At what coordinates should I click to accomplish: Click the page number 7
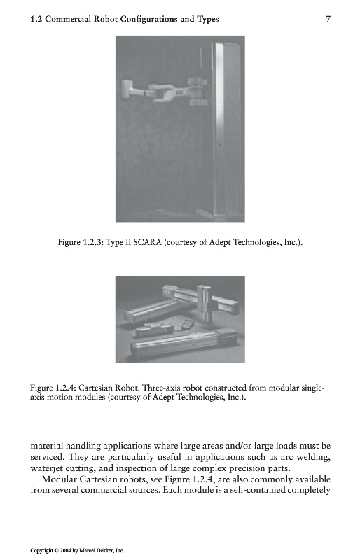(x=328, y=19)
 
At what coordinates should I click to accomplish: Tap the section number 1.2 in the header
(x=36, y=20)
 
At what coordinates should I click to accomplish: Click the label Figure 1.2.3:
(x=81, y=242)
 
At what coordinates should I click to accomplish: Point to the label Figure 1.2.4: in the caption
(x=53, y=388)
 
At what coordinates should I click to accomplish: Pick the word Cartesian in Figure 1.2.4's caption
(x=93, y=388)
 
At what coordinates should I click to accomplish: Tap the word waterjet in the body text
(x=43, y=468)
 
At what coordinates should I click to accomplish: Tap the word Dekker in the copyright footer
(x=106, y=550)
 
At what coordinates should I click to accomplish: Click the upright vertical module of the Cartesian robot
(x=205, y=304)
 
